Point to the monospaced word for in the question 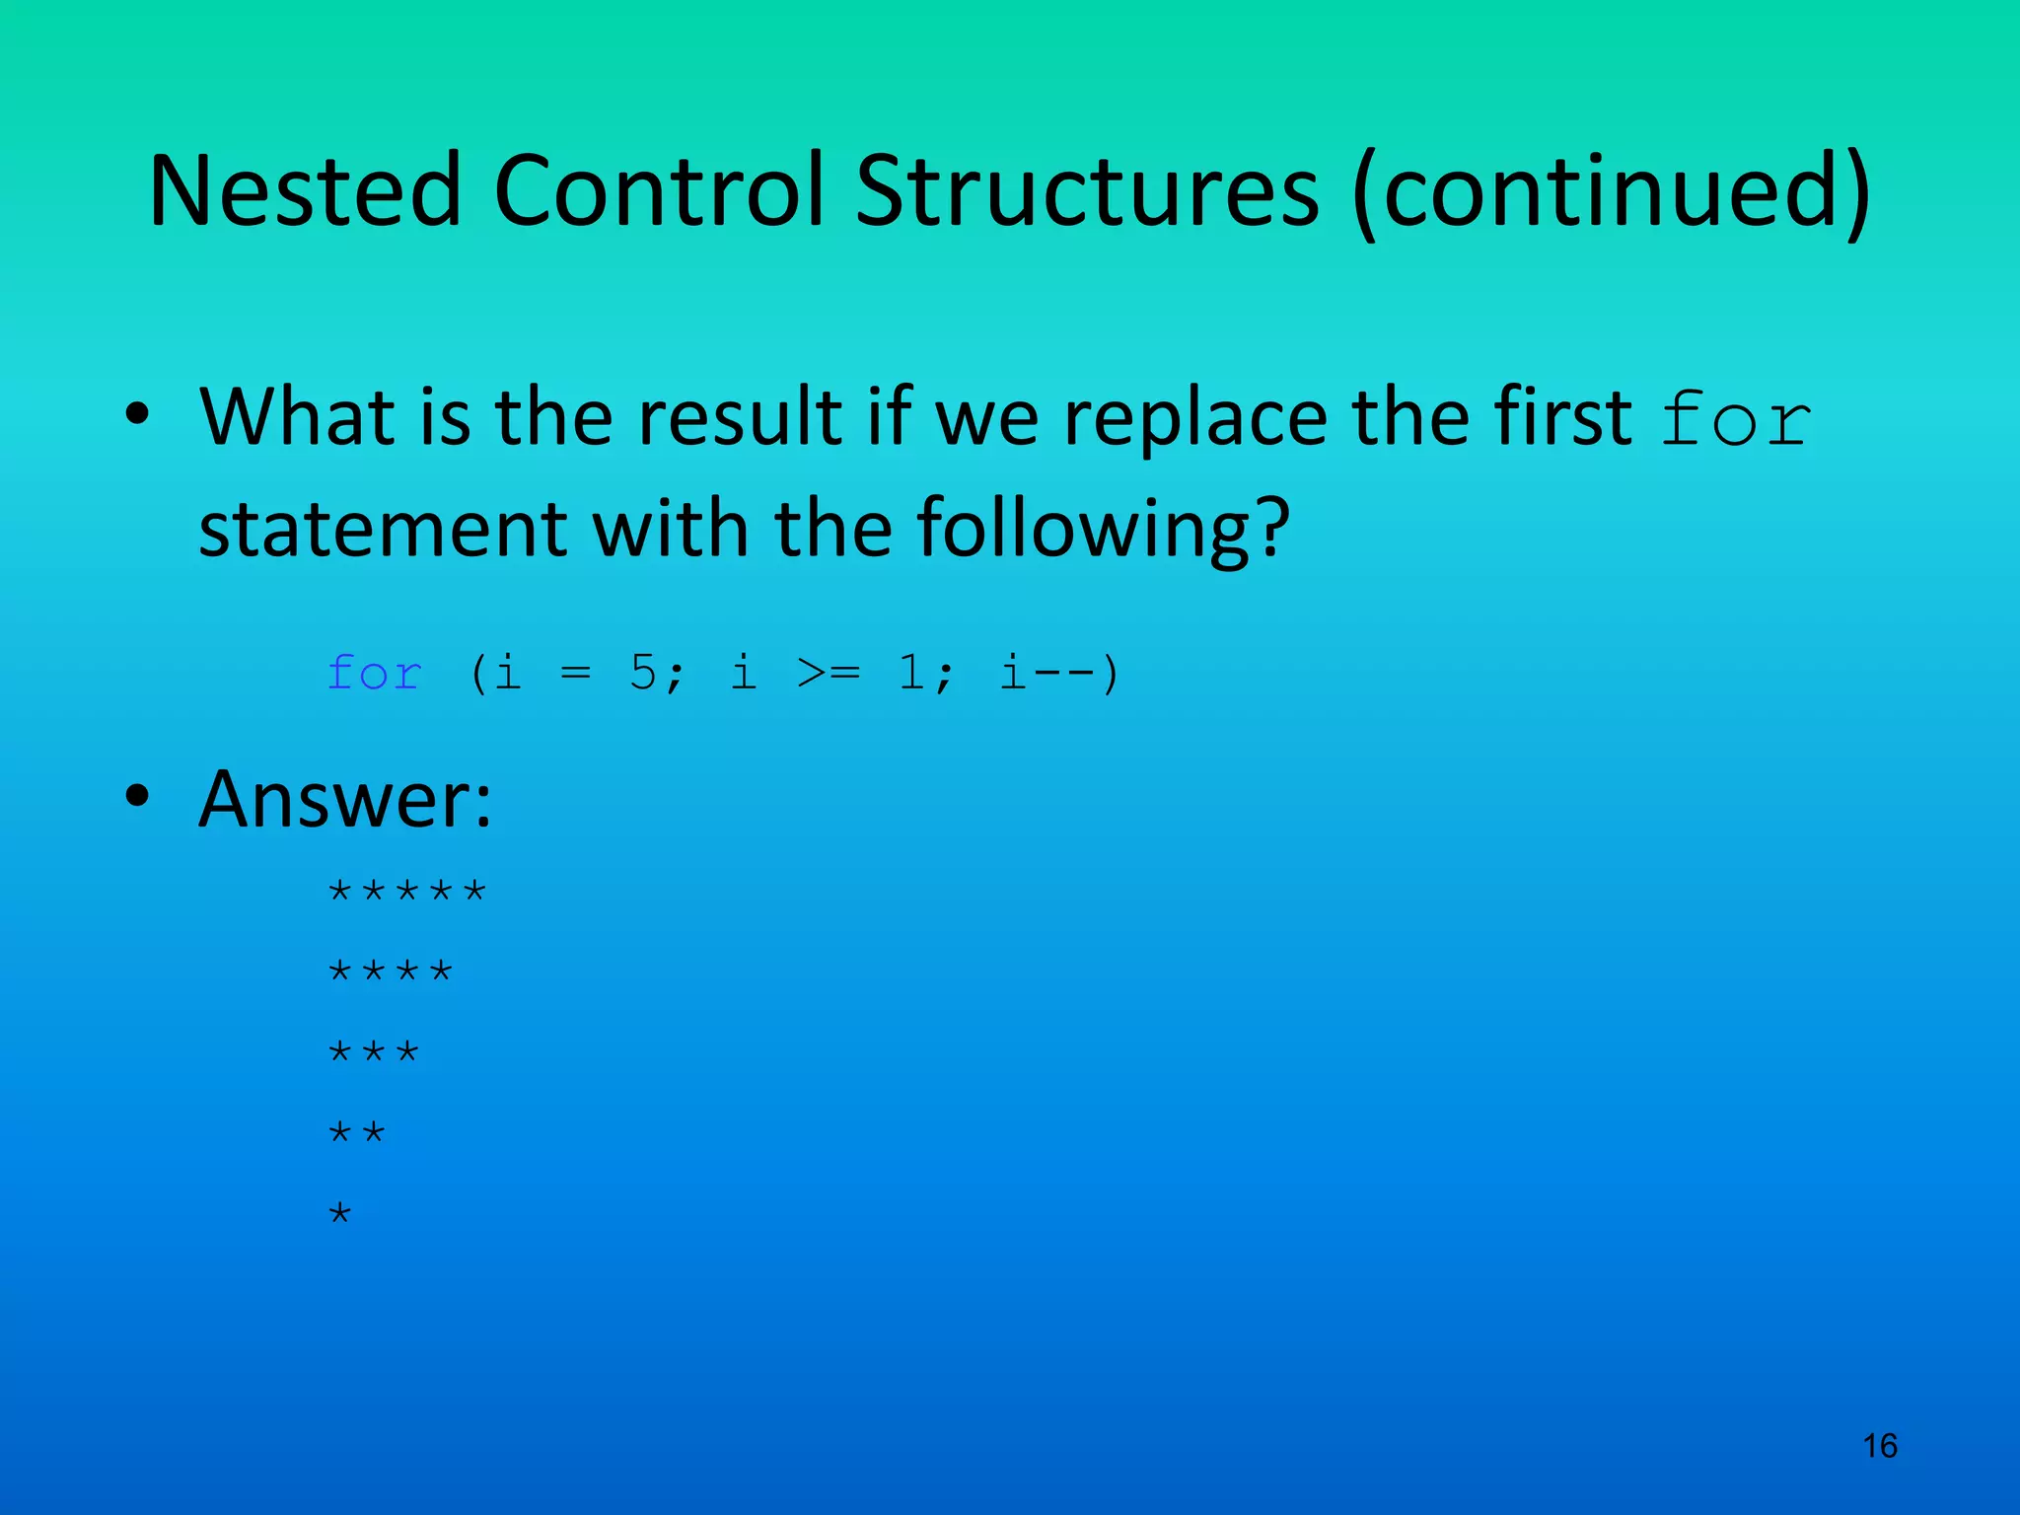pyautogui.click(x=1736, y=420)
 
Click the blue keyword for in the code pyautogui.click(x=375, y=674)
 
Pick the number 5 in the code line pyautogui.click(x=643, y=674)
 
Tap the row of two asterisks pyautogui.click(x=356, y=1133)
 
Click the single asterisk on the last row pyautogui.click(x=339, y=1213)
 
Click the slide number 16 pyautogui.click(x=1880, y=1446)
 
